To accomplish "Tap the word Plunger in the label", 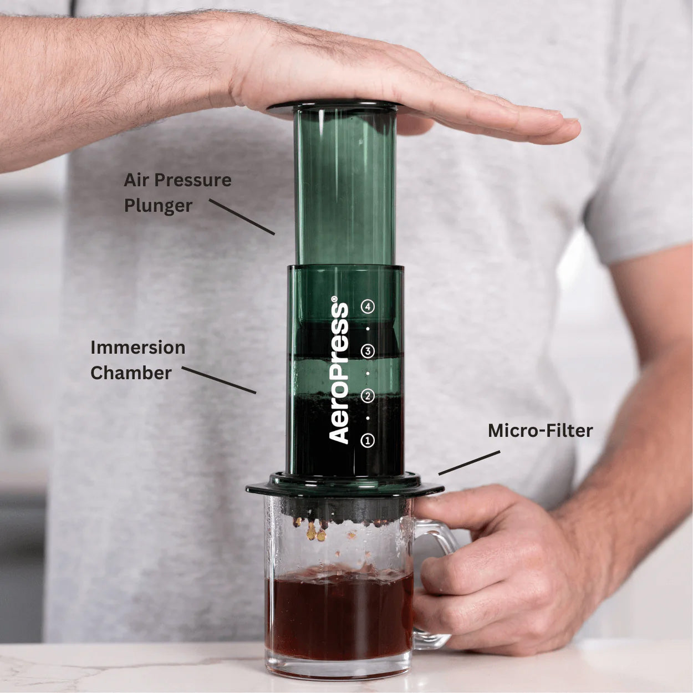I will coord(158,206).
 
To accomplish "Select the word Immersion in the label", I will coord(138,348).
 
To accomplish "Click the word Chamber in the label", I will coord(131,373).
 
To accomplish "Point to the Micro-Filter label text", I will coord(540,431).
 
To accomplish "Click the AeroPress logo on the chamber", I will coord(339,373).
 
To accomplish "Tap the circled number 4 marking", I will coord(368,307).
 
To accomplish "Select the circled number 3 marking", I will coord(368,351).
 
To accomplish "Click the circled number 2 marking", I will coord(368,396).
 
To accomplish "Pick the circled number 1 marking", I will coord(368,441).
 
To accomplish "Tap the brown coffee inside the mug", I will coord(339,615).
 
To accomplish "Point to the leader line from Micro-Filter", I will coord(469,462).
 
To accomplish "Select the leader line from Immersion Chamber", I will coord(219,380).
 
